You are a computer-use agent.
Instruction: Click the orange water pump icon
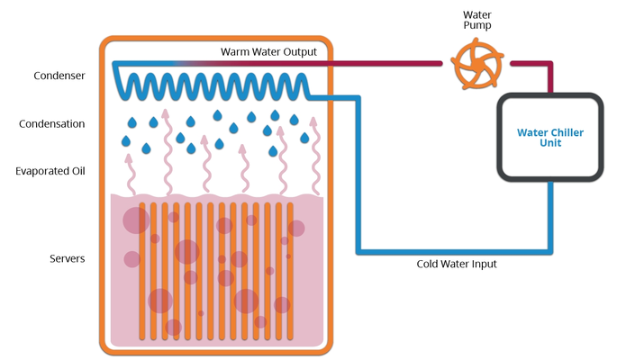click(475, 65)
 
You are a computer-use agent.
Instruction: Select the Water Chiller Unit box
click(550, 138)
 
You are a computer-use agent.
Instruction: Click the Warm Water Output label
click(268, 52)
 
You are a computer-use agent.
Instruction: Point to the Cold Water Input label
click(456, 265)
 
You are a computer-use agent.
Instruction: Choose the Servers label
click(67, 259)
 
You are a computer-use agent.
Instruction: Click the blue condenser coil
click(212, 87)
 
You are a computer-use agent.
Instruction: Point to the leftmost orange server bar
click(142, 270)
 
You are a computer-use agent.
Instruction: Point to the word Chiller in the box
click(566, 132)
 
